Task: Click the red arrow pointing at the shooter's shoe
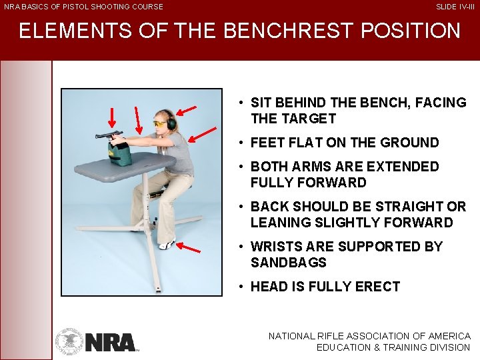(x=190, y=248)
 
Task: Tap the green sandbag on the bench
(x=121, y=154)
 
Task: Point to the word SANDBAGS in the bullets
(x=288, y=263)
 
